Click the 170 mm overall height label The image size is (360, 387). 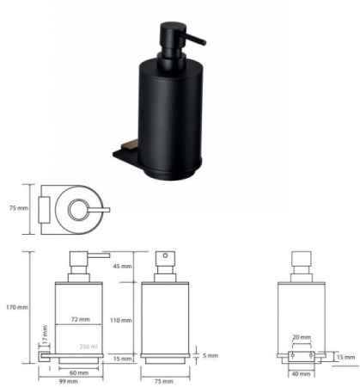point(17,307)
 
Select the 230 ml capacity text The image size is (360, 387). point(88,347)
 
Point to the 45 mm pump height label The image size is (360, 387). point(122,267)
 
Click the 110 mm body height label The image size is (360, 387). point(121,320)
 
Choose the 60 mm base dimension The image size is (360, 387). point(79,373)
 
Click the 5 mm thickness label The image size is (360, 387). point(211,356)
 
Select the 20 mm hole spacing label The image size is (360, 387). point(302,337)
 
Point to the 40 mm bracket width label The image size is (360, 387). point(301,374)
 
